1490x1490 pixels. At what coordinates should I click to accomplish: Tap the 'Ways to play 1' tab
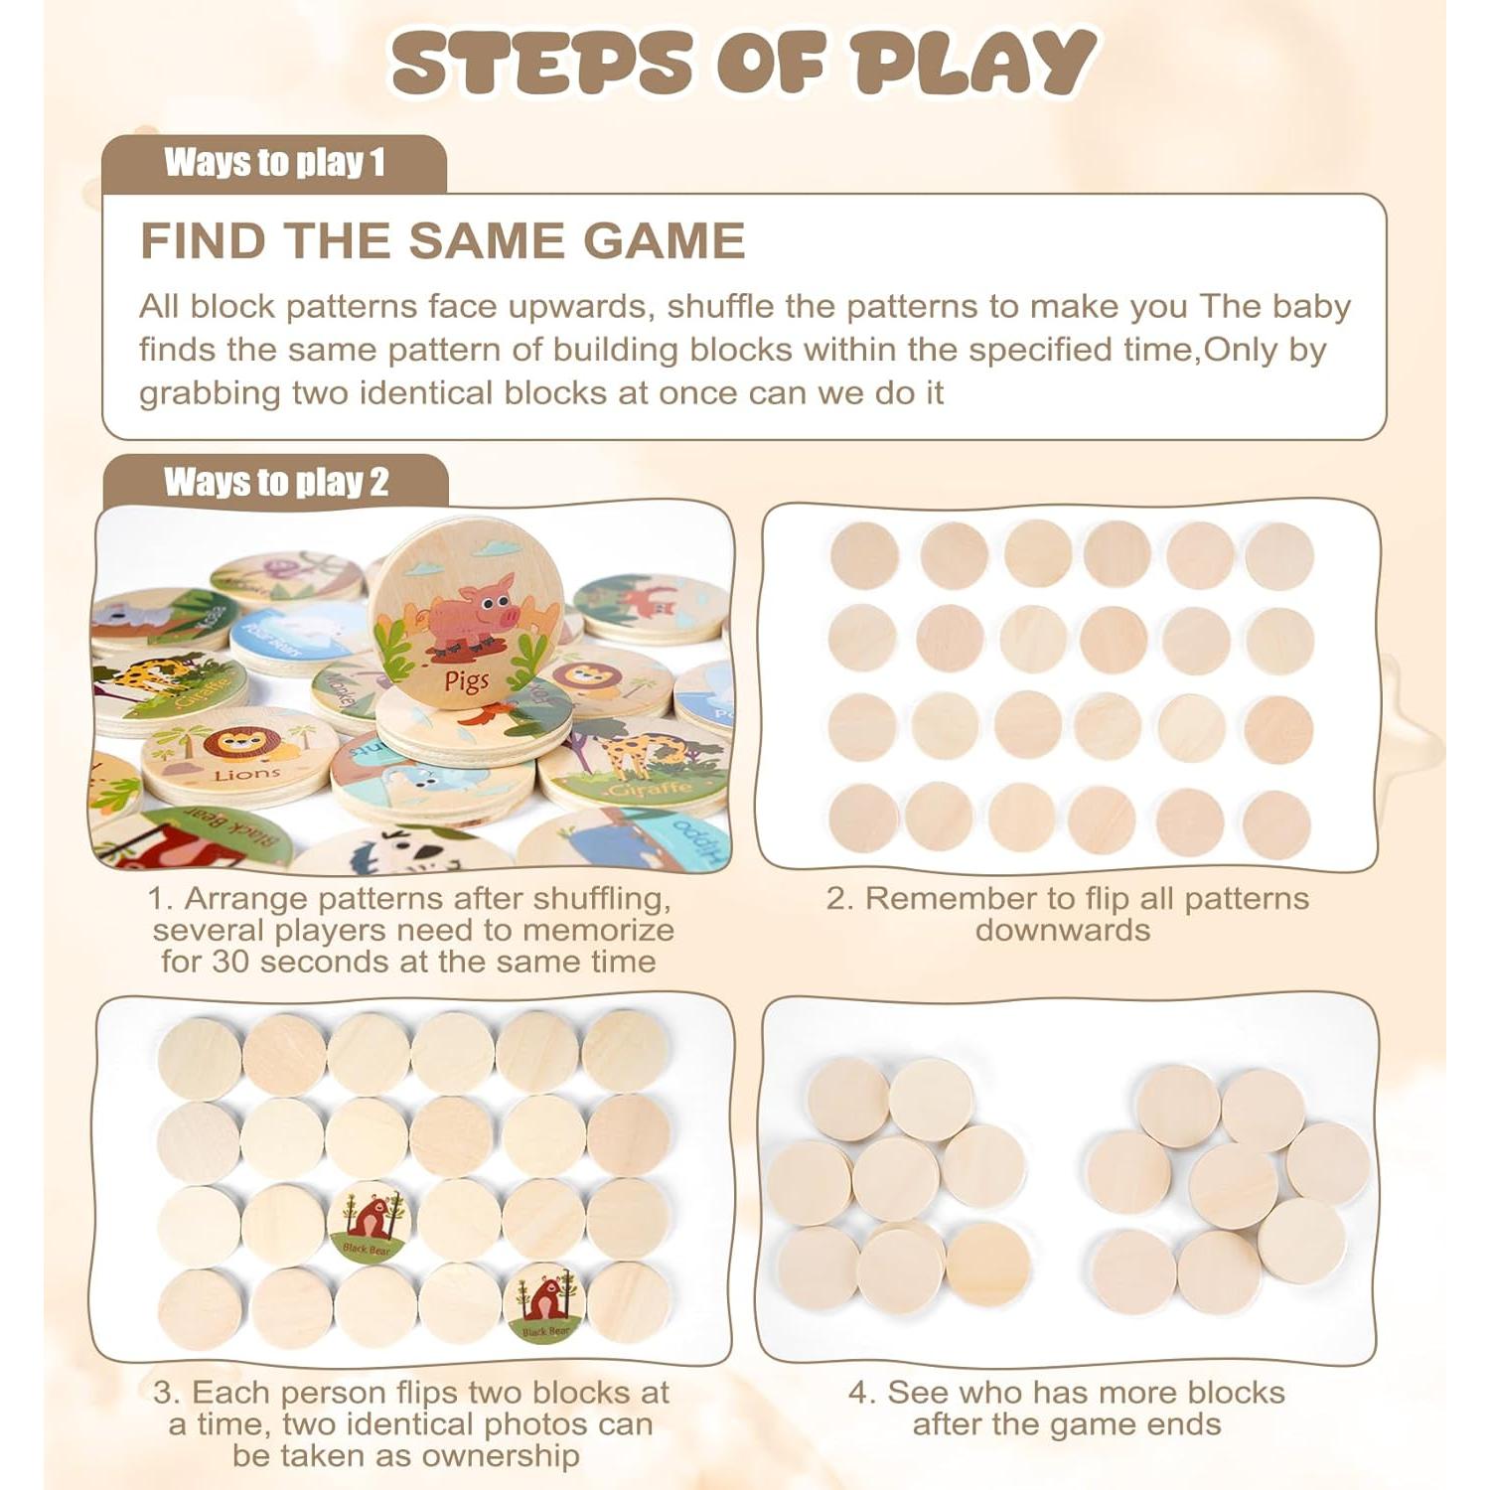point(274,162)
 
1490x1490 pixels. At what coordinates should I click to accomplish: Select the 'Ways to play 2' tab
point(276,482)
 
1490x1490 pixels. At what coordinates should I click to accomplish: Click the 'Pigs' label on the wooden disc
point(467,680)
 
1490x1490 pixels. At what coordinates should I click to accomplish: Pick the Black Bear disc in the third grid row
point(370,1222)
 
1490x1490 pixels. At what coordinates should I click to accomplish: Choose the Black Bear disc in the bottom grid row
point(543,1303)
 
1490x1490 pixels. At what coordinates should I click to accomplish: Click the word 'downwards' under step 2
point(1062,930)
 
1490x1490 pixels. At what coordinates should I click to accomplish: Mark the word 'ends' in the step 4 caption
point(1182,1423)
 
